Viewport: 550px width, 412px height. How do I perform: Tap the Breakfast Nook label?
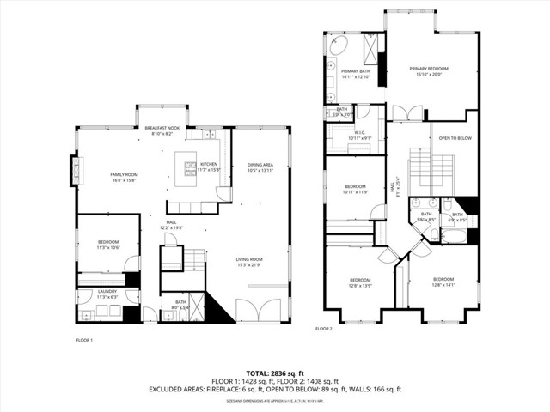point(162,130)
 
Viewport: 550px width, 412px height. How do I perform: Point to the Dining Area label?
point(260,167)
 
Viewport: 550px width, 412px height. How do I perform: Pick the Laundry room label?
point(107,294)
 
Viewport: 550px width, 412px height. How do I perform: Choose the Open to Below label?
point(455,137)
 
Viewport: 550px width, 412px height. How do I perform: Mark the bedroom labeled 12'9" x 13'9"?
point(359,282)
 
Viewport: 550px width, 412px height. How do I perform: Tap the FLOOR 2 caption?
point(323,329)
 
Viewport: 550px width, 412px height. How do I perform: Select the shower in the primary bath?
point(373,45)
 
